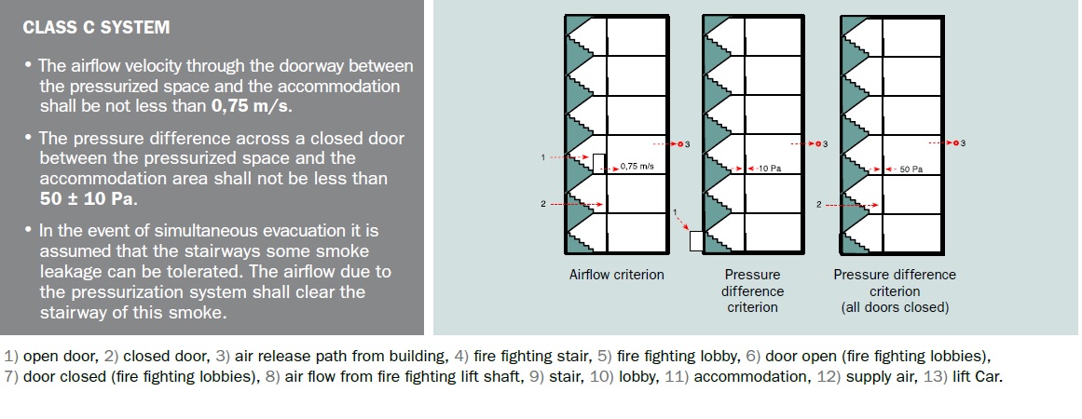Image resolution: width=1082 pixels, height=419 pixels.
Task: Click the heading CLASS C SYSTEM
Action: point(96,28)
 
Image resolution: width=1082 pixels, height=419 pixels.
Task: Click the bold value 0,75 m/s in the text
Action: point(252,106)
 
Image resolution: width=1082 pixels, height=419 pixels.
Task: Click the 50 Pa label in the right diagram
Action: point(911,169)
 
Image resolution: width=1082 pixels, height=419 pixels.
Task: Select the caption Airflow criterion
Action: point(616,275)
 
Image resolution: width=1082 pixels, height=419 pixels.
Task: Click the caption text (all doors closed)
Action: point(895,307)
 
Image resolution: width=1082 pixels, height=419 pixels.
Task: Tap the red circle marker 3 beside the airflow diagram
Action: point(680,144)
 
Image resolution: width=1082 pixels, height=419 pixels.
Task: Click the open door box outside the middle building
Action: point(695,241)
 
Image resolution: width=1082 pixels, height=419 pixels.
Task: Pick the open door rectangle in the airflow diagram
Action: point(598,164)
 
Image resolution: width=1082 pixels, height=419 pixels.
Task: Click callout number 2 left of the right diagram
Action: point(818,204)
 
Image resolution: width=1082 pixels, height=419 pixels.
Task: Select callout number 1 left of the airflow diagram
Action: point(542,157)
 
